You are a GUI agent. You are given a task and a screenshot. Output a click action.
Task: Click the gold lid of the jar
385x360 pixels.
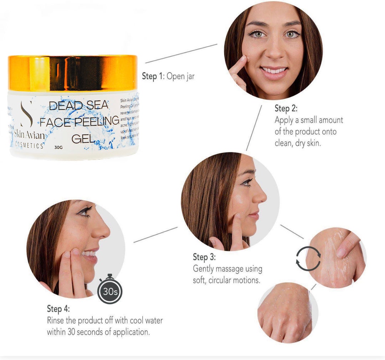coord(73,73)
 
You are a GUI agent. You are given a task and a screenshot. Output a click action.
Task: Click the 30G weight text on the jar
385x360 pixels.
coord(59,146)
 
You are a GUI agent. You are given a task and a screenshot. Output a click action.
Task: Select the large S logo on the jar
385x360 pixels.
coord(26,114)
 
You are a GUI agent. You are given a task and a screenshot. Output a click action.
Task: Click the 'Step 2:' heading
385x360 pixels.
coord(286,108)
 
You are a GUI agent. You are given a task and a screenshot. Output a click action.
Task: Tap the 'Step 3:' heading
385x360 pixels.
coord(204,257)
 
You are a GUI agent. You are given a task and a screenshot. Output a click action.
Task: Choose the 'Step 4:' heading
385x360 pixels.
coord(58,308)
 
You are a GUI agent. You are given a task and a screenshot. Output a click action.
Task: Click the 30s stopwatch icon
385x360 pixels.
coord(110,292)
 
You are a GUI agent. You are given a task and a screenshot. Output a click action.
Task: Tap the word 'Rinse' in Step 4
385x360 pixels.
coord(56,320)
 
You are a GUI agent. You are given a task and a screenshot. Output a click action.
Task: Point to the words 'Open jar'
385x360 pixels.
coord(181,76)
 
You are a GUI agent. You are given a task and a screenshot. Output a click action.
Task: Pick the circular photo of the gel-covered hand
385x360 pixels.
coord(335,257)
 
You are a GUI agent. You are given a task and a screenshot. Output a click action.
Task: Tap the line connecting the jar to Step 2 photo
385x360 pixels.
coord(181,53)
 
